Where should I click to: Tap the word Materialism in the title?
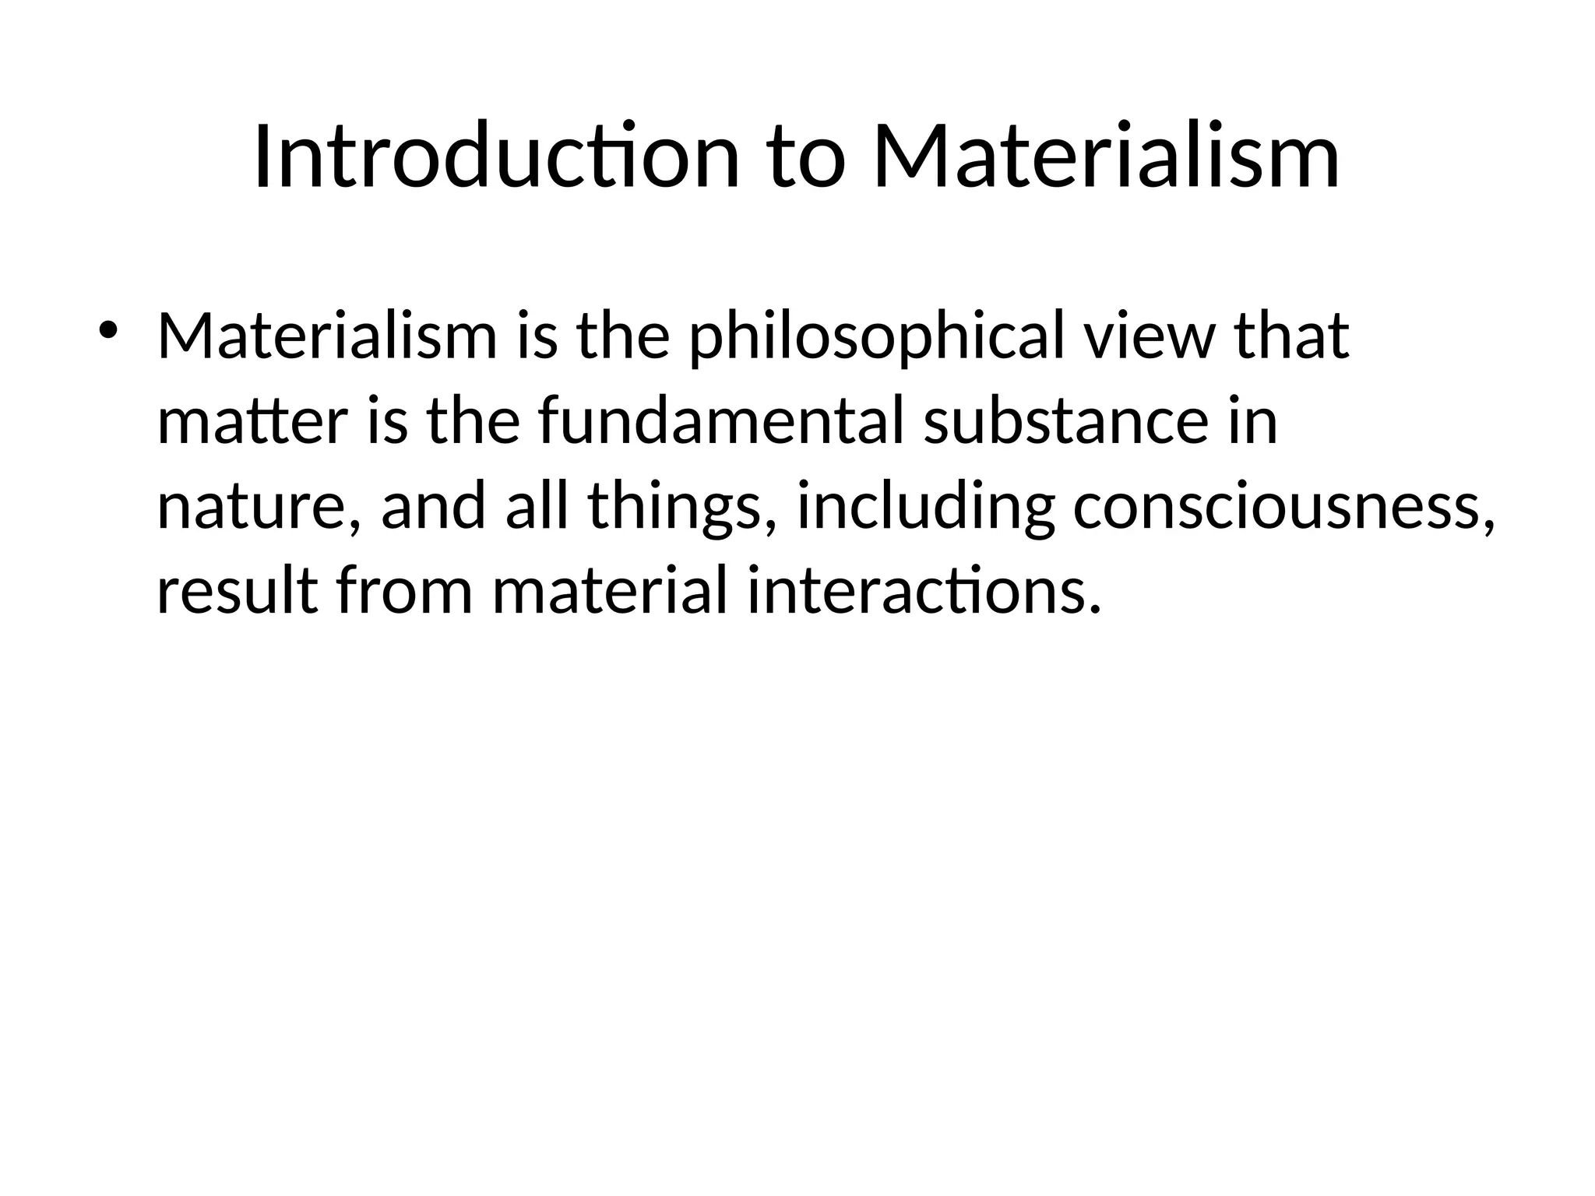pyautogui.click(x=1106, y=157)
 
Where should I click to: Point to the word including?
pyautogui.click(x=926, y=508)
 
